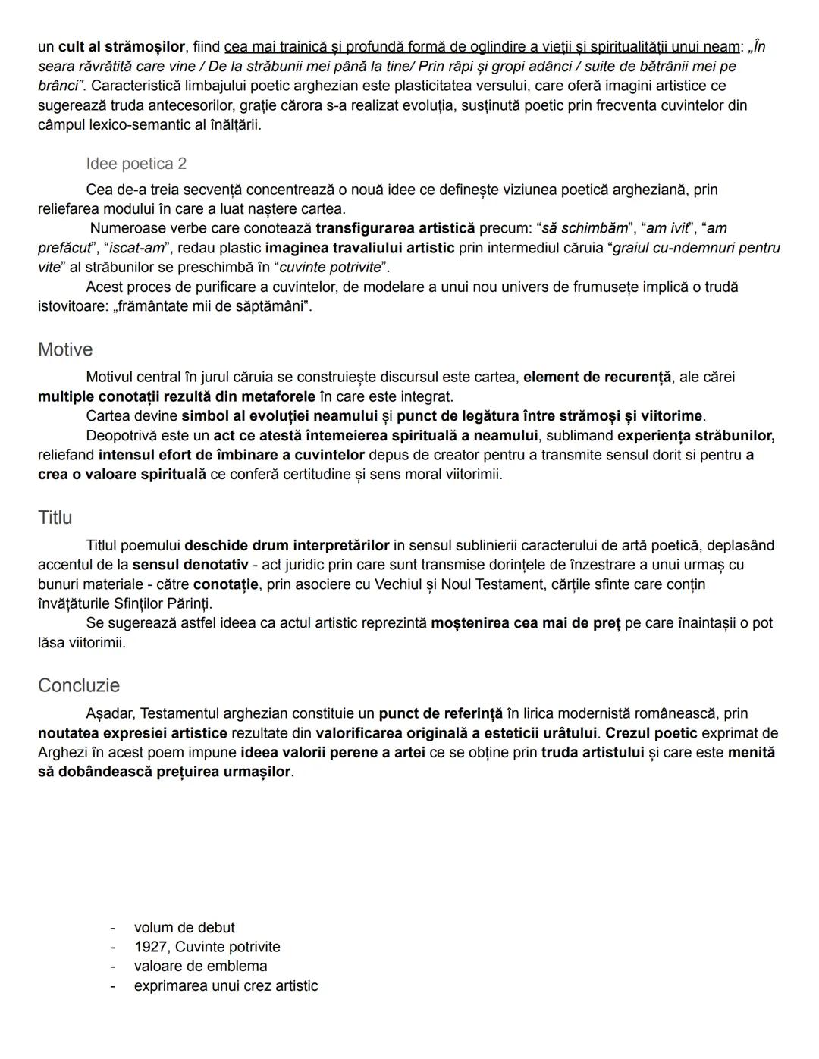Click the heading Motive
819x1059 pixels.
coord(65,349)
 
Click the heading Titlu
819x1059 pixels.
coord(55,518)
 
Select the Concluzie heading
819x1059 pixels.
coord(79,685)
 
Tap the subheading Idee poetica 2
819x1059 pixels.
coord(136,164)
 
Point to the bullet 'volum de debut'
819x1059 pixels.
coord(184,927)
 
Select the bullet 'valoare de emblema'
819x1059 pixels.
coord(200,966)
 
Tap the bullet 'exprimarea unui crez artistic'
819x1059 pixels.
coord(226,985)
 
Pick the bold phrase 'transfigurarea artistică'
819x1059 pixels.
coord(395,228)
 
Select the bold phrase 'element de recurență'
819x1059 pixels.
coord(598,377)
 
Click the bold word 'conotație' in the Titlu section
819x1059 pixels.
coord(226,584)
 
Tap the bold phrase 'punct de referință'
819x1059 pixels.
coord(441,713)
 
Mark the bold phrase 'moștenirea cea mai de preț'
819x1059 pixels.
coord(526,623)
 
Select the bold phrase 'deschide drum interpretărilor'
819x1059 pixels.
coord(287,545)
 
